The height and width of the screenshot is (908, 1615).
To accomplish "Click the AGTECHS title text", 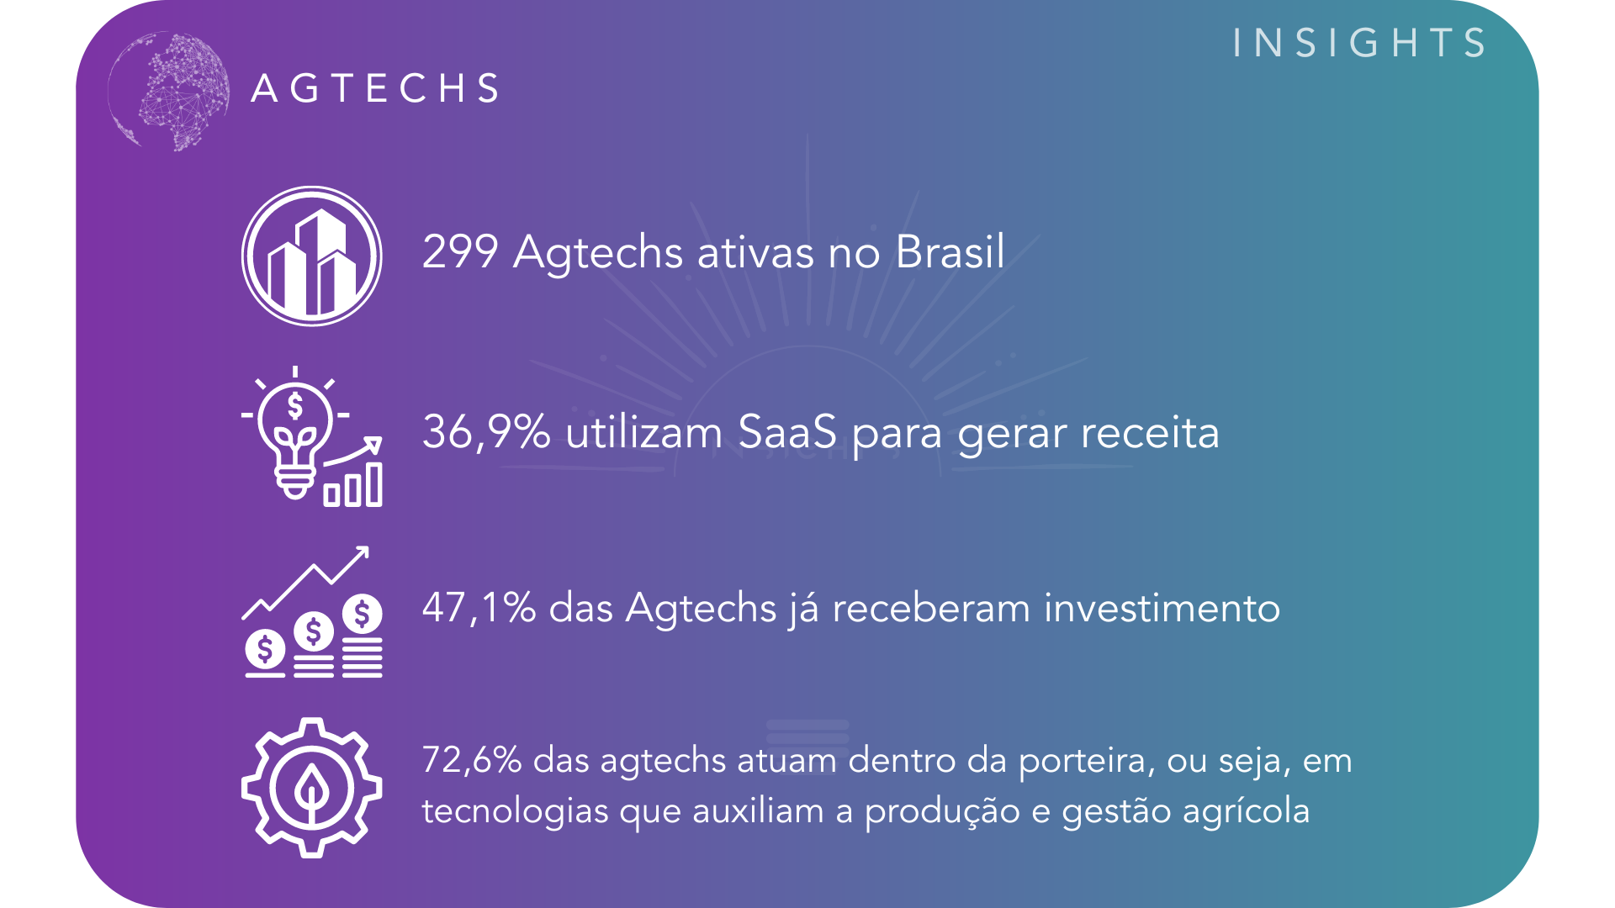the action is click(375, 88).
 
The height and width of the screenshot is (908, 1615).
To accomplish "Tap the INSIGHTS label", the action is click(1359, 43).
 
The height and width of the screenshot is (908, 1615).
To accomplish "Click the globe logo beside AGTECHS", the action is click(169, 92).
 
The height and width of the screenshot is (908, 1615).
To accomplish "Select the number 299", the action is click(460, 251).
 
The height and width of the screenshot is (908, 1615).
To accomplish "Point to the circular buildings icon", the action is click(312, 256).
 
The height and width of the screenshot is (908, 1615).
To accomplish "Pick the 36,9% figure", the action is click(486, 432).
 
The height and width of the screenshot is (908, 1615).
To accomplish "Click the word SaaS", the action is click(787, 432).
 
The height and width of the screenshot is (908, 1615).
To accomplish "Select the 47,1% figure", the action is click(479, 607).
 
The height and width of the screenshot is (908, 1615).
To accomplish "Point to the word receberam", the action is click(931, 607).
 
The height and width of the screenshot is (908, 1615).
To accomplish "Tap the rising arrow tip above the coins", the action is click(368, 548).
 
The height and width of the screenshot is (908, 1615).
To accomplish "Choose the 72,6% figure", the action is click(472, 760).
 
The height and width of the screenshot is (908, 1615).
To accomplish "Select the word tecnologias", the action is click(515, 812).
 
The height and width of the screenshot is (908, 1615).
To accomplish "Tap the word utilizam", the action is click(644, 432).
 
